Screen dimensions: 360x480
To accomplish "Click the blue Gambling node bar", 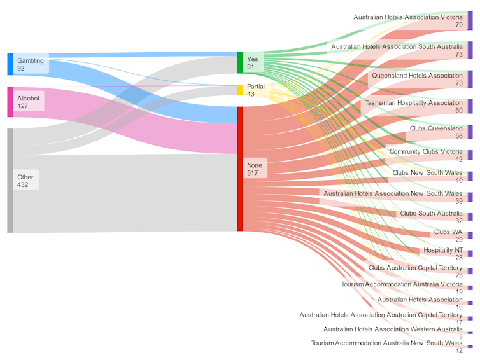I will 10,64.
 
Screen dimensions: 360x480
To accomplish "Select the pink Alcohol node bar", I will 10,102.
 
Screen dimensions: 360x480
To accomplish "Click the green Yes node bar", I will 240,63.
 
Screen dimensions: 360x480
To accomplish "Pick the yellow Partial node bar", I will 240,90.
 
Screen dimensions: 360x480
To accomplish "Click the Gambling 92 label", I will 30,64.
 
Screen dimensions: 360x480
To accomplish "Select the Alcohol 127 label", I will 29,102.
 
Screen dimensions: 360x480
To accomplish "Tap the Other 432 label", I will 26,181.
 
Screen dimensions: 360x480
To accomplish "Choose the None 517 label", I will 255,169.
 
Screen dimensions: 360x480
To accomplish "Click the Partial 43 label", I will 256,90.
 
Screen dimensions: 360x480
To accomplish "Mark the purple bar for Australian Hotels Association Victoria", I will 470,20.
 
